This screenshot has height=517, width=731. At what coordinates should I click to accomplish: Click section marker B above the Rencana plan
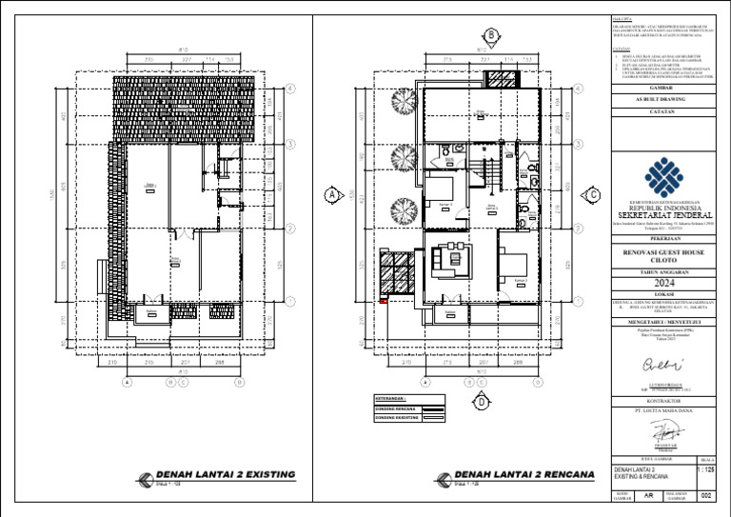coord(491,36)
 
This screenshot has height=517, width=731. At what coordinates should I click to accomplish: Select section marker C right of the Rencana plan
coord(592,193)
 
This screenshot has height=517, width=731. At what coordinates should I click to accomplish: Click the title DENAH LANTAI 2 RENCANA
coord(524,474)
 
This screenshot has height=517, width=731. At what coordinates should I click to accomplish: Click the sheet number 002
coord(705,495)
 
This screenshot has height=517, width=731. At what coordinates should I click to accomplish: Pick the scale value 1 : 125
coord(705,469)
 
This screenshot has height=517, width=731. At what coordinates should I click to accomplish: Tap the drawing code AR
coord(647,495)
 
